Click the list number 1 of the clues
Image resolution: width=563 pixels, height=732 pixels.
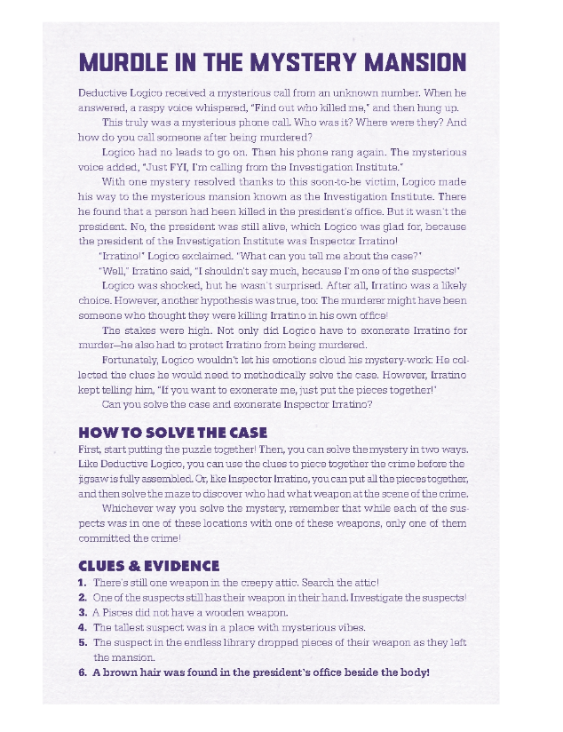coord(83,582)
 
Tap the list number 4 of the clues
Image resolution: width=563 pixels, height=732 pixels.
coord(83,627)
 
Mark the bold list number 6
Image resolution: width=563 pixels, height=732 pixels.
coord(83,672)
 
